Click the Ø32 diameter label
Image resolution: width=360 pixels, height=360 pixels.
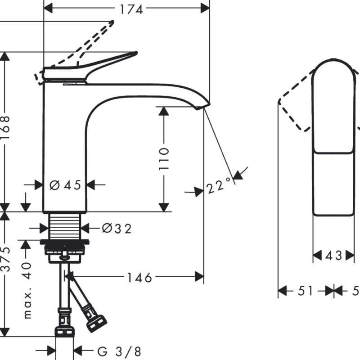(x=117, y=229)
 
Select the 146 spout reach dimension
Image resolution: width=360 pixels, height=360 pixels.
(x=138, y=278)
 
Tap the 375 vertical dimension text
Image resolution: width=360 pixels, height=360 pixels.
(x=5, y=260)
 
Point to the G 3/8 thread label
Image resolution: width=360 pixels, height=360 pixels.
(x=115, y=350)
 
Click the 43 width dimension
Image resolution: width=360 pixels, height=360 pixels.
(x=334, y=256)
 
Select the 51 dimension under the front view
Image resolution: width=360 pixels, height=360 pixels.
(x=306, y=291)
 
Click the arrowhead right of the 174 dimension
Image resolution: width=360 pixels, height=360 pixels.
(x=205, y=8)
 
